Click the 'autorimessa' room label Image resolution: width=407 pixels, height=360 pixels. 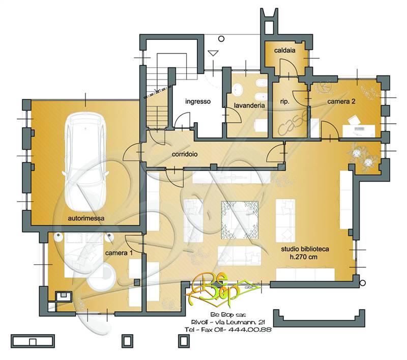click(x=86, y=218)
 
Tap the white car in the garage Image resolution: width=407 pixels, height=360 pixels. click(x=85, y=162)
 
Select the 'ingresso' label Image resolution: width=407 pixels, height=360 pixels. click(x=198, y=101)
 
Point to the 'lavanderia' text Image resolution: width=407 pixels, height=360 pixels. click(x=249, y=105)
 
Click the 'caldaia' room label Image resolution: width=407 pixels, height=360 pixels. click(x=285, y=50)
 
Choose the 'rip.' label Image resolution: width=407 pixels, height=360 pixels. click(x=284, y=102)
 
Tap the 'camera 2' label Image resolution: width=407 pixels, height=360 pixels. click(x=341, y=101)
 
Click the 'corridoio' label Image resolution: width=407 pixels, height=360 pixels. click(x=185, y=154)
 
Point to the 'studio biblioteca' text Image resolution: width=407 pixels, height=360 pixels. click(x=305, y=249)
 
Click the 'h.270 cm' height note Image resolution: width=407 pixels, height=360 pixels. click(x=303, y=257)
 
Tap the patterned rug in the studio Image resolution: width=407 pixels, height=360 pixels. click(x=240, y=220)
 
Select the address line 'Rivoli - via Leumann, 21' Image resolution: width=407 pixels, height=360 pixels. click(x=228, y=322)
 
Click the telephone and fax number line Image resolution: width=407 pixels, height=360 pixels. click(x=228, y=329)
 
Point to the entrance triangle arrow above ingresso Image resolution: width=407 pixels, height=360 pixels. click(x=213, y=53)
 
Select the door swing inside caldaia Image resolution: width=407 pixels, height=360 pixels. click(x=288, y=68)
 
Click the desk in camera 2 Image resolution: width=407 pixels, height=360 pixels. click(x=359, y=131)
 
